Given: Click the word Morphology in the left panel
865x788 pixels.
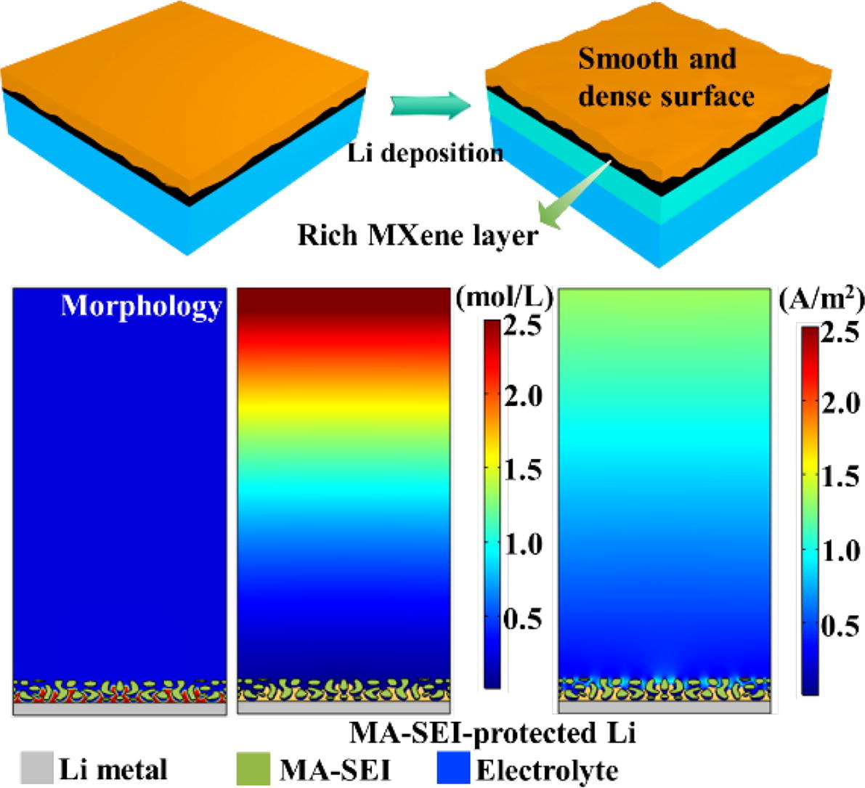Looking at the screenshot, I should tap(141, 306).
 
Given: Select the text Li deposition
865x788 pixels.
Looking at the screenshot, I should tap(425, 154).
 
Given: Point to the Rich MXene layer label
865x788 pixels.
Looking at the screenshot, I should tap(418, 235).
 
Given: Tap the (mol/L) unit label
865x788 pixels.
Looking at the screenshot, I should tap(504, 297).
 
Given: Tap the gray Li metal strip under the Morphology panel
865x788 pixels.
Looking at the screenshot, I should tap(120, 709).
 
